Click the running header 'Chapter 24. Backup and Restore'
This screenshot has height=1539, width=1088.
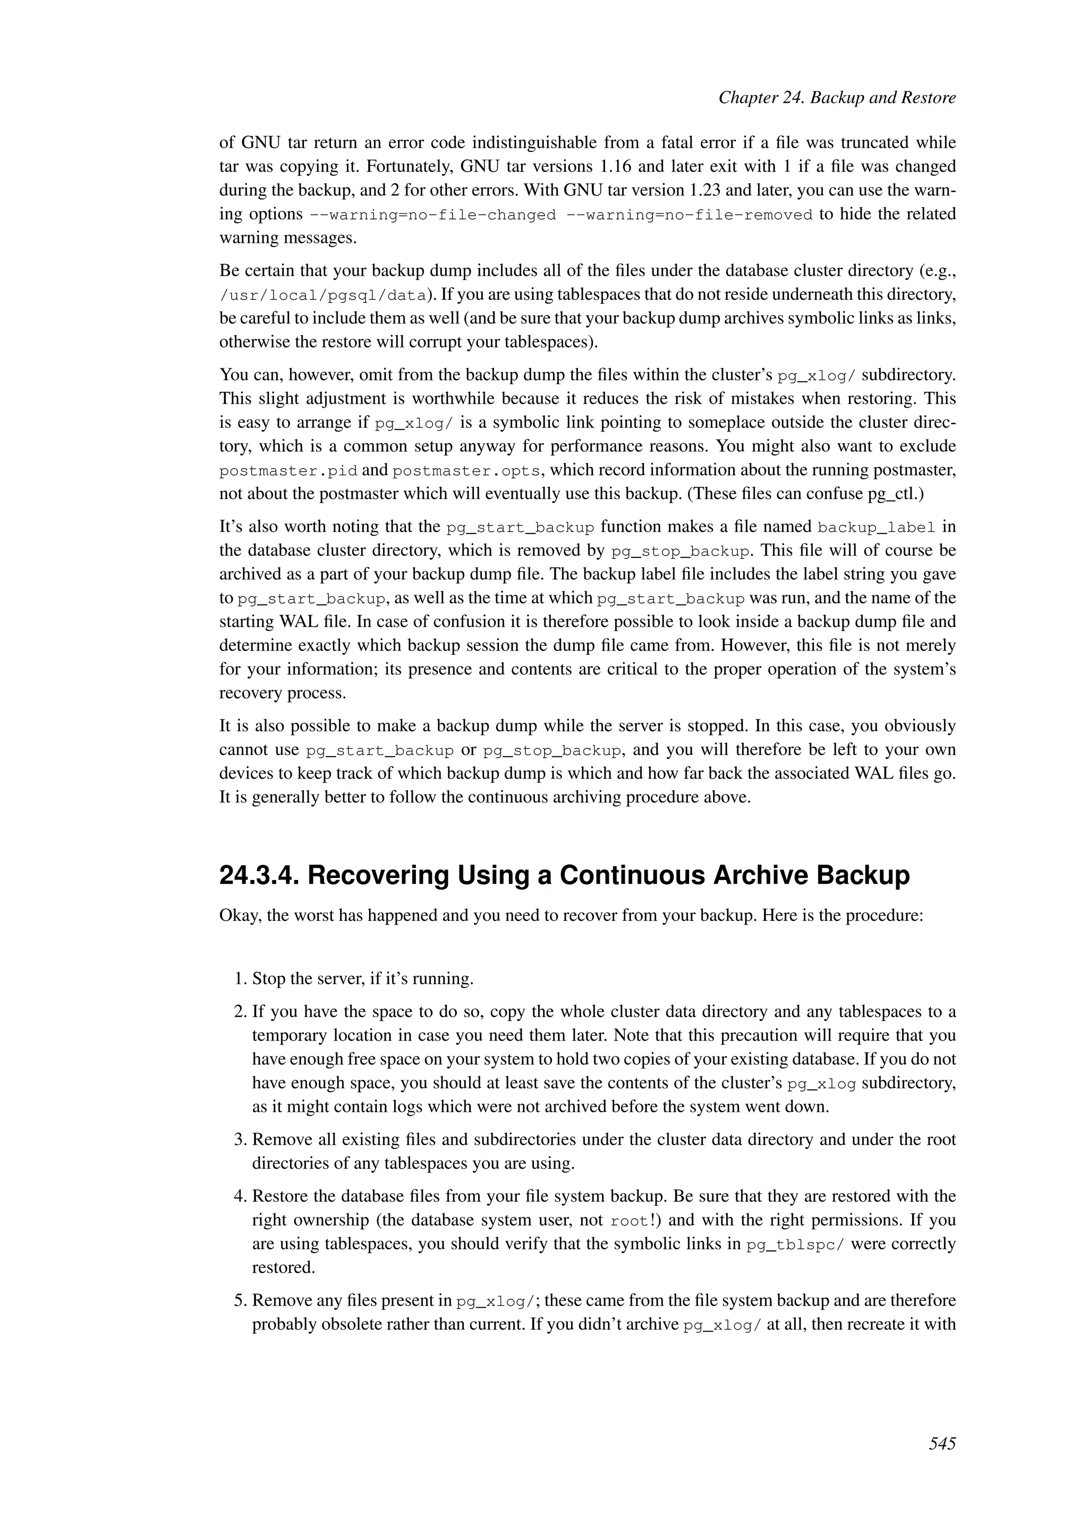point(837,98)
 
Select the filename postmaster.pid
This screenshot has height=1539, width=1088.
point(288,471)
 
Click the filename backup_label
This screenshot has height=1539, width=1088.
point(876,528)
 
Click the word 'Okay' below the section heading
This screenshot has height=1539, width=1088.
point(239,916)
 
